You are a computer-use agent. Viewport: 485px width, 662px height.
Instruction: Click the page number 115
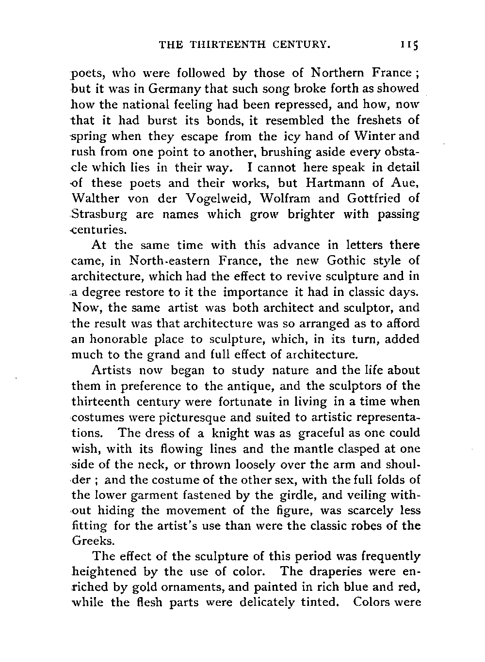click(409, 46)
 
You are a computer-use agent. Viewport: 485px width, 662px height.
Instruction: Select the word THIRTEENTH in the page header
click(218, 46)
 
